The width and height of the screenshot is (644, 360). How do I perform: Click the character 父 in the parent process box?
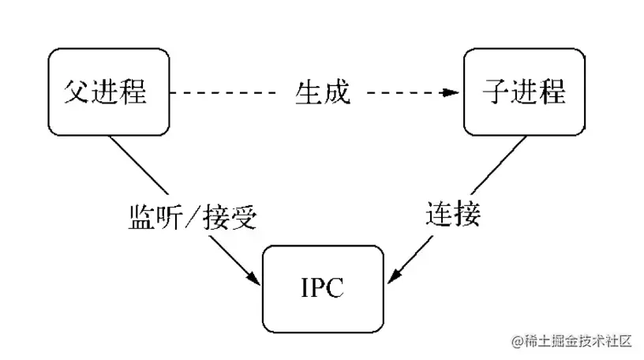pos(77,92)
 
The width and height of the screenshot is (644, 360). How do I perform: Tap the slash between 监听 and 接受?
pos(193,216)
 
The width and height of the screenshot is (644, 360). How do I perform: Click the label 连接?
pos(453,214)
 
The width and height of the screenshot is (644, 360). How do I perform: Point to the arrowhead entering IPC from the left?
pos(253,277)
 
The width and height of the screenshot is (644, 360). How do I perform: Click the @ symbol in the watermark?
pos(517,341)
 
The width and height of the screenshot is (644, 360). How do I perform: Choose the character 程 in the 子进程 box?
pos(552,92)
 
